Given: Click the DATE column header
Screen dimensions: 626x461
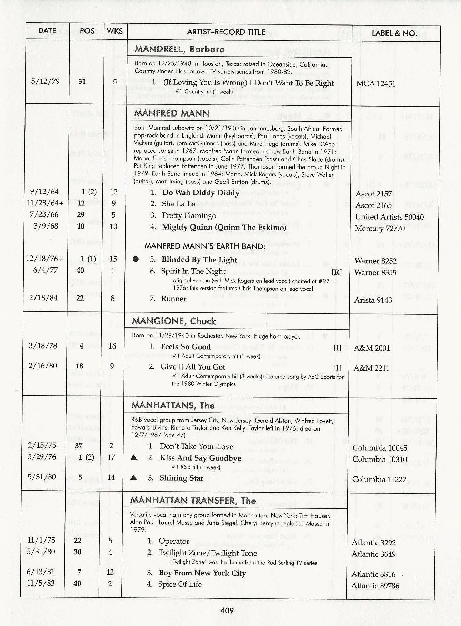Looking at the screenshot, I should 47,31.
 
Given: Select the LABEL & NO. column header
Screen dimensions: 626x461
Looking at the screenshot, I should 394,33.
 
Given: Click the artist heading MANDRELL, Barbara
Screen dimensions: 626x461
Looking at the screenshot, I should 179,49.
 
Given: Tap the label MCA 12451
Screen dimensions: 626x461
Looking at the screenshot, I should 376,84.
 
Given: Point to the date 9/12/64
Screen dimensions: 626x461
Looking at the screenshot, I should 44,192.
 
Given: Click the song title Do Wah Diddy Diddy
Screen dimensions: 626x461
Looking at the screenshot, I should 201,193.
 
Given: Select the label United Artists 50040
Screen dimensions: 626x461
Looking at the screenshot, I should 389,217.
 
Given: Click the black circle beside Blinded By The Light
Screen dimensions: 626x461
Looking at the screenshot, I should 136,259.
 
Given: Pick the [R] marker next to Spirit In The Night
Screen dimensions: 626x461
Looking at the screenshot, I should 337,272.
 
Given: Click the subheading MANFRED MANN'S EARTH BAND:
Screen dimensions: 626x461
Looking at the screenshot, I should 205,246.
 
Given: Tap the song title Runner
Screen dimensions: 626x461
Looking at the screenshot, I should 173,299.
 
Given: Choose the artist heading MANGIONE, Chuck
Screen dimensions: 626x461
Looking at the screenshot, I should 174,321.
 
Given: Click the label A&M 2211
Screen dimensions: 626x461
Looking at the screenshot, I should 371,368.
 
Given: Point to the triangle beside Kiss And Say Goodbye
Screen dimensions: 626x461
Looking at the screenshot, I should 134,458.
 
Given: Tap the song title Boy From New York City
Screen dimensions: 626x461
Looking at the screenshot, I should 202,573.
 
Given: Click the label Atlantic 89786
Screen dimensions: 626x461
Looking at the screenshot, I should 375,586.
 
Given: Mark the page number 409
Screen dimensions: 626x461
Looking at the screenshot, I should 227,611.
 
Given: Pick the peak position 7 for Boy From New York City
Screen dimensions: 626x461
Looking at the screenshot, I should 79,572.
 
